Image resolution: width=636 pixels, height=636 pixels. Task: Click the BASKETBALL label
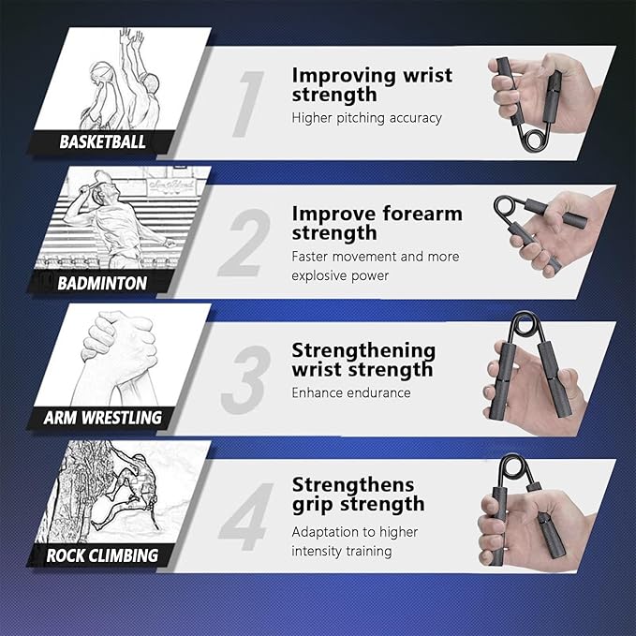[x=103, y=142]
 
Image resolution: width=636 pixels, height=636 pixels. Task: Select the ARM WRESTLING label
[x=103, y=418]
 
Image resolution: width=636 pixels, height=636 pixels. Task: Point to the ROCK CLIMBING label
[x=103, y=555]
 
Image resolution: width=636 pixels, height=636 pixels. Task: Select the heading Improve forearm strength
[x=377, y=223]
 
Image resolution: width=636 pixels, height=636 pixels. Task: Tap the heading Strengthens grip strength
[x=358, y=494]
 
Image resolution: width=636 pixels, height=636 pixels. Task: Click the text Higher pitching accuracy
[x=366, y=118]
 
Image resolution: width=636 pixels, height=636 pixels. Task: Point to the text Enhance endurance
[x=350, y=392]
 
